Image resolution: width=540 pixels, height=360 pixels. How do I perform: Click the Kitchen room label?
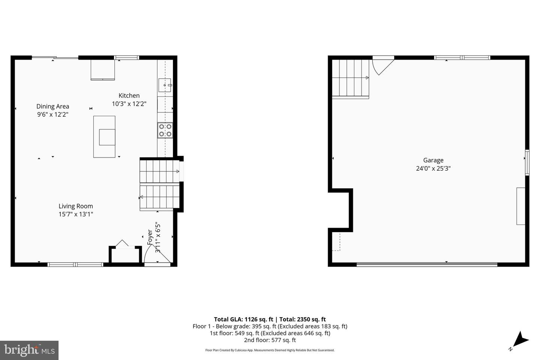[129, 96]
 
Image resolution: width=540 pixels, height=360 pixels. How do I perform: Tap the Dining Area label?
[52, 106]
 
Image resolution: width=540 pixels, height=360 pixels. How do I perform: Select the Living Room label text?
[76, 206]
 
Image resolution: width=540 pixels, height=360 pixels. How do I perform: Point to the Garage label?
[433, 160]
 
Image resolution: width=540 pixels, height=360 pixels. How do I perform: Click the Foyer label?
[150, 237]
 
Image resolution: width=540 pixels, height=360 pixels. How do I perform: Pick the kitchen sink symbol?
[165, 85]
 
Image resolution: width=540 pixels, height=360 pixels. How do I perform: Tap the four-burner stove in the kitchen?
[165, 130]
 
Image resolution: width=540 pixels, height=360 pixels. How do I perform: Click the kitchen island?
[104, 136]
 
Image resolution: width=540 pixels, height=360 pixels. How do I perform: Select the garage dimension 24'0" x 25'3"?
[433, 169]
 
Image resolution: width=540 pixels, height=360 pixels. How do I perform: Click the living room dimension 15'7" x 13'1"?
[76, 214]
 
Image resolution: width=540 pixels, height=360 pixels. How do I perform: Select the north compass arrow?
[520, 340]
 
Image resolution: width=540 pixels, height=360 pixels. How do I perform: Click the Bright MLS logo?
[29, 350]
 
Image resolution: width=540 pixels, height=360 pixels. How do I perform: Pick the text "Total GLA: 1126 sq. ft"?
[243, 319]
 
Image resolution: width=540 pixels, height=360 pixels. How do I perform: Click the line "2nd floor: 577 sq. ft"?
[270, 340]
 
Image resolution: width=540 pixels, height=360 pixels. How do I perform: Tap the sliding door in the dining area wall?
[55, 58]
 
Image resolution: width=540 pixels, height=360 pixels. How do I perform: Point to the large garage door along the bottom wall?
[427, 264]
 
